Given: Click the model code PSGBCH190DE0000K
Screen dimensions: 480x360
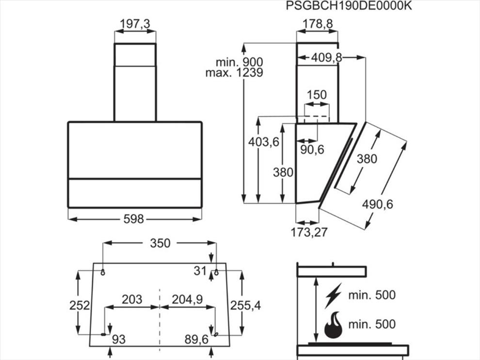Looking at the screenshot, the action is click(x=349, y=6).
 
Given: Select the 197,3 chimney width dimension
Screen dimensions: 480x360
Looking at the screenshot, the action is click(x=135, y=24).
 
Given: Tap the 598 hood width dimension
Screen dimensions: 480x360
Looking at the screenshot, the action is click(x=134, y=219).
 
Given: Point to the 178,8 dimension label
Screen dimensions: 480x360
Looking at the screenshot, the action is click(x=318, y=24).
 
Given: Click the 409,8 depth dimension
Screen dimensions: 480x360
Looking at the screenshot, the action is click(x=326, y=57).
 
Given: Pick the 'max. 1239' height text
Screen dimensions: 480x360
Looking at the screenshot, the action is click(x=234, y=73).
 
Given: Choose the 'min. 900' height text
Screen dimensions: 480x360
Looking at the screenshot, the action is click(x=240, y=62).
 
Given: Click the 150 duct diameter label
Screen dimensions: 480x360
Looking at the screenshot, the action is click(x=317, y=95).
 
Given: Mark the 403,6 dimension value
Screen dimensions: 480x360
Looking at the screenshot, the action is click(x=264, y=142).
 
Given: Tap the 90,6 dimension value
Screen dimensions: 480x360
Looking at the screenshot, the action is click(x=312, y=149).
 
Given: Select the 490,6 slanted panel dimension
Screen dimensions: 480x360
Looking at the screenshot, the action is click(x=377, y=204).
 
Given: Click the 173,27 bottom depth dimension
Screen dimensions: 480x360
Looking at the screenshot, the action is click(x=309, y=232).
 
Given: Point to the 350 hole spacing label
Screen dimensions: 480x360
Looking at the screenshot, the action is click(x=160, y=243).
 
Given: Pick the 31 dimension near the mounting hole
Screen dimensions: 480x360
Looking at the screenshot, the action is click(x=201, y=271).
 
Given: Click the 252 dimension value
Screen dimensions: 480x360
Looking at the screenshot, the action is click(x=80, y=305).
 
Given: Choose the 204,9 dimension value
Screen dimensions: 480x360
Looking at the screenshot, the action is click(x=187, y=299).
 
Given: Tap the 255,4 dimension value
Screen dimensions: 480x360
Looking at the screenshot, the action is click(x=245, y=305).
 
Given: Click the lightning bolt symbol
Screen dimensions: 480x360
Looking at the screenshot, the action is click(x=333, y=295).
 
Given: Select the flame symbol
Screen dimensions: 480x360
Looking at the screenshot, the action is click(x=334, y=325).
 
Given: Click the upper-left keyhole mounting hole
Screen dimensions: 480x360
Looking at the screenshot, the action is click(x=103, y=272).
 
